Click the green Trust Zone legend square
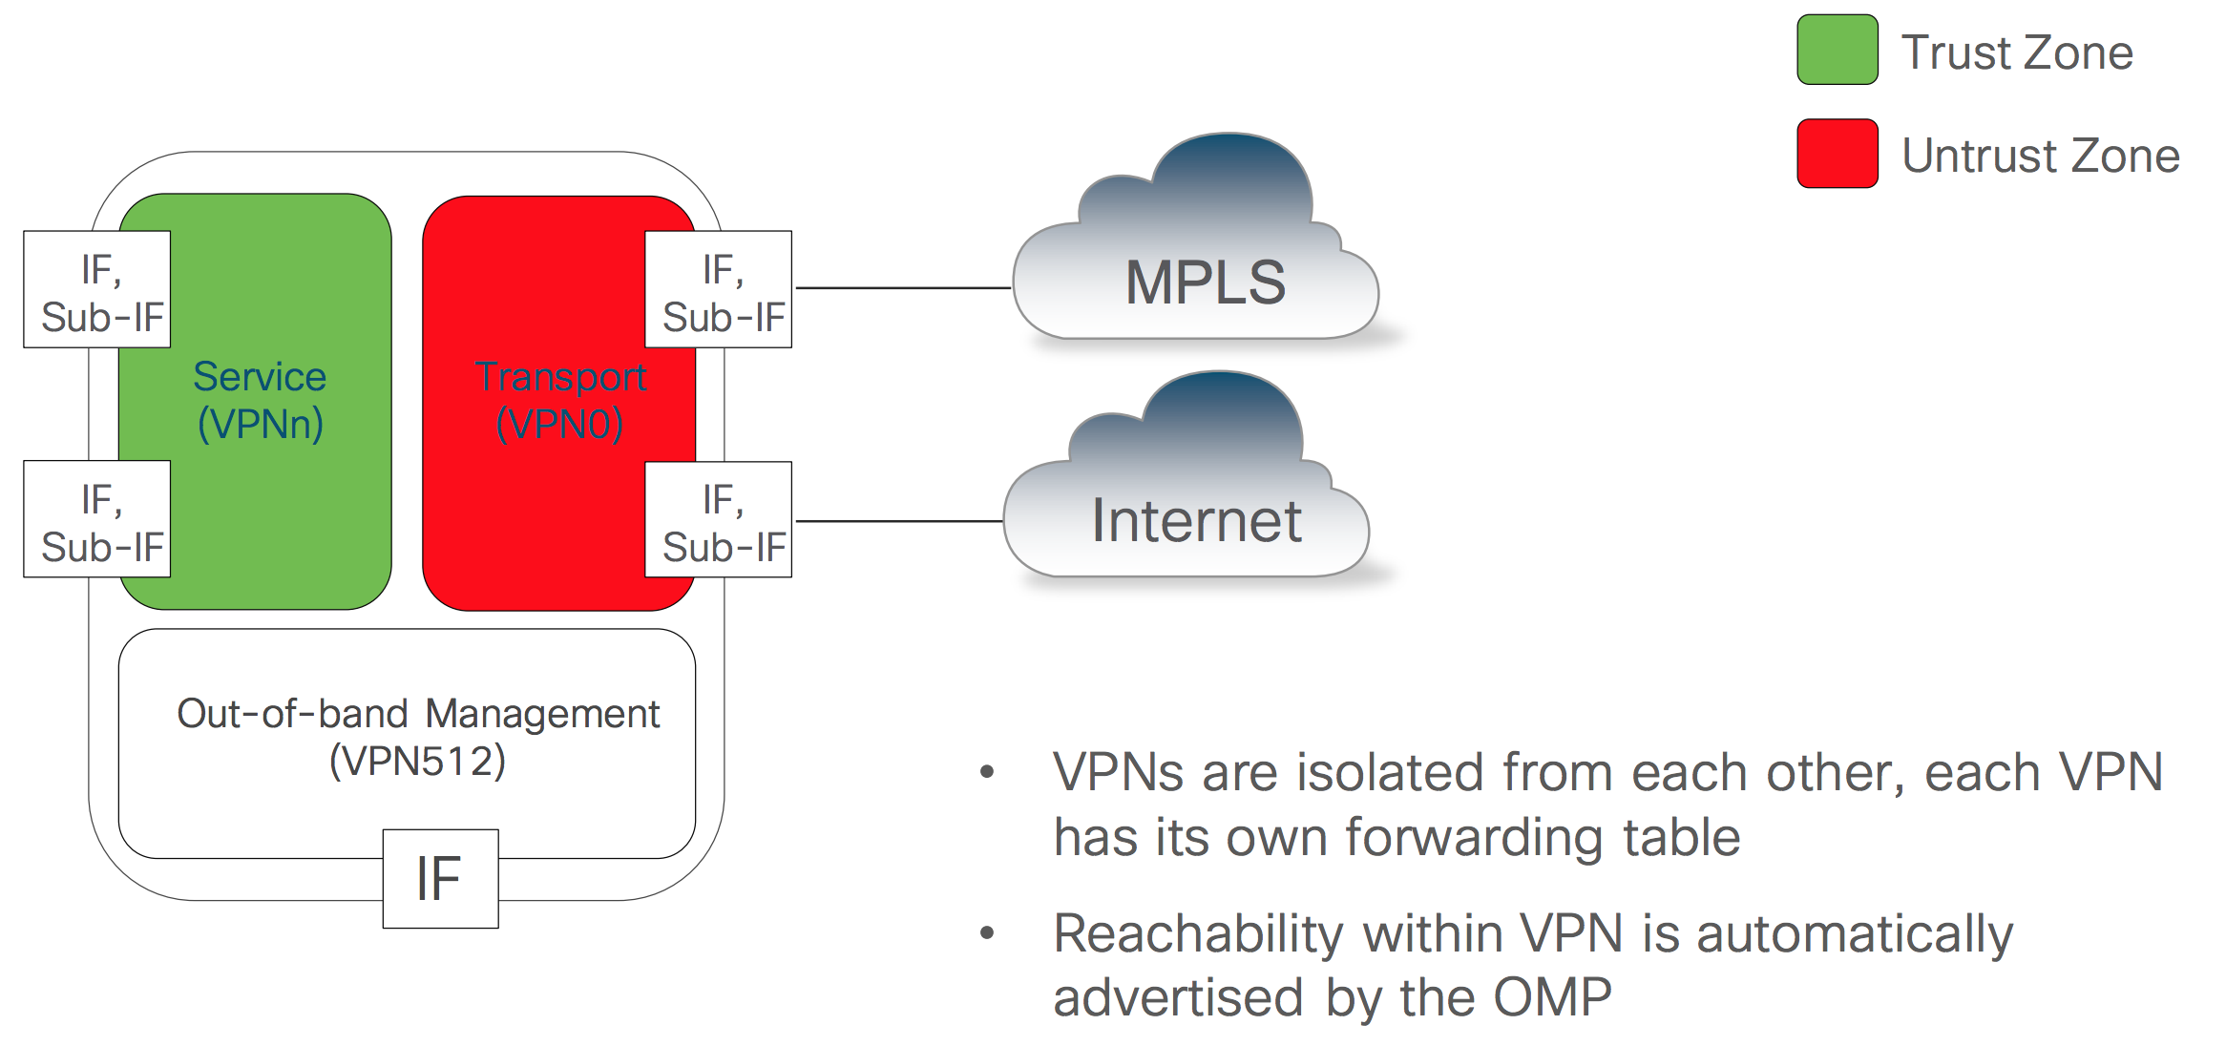click(x=1837, y=50)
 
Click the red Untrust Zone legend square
click(x=1837, y=154)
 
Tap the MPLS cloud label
click(x=1205, y=282)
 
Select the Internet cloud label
click(x=1196, y=521)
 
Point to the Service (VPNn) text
click(x=260, y=401)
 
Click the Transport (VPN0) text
click(x=560, y=401)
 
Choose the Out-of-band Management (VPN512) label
click(x=417, y=737)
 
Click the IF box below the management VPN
click(x=440, y=878)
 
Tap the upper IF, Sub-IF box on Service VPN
click(x=97, y=289)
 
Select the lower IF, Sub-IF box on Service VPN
click(x=97, y=519)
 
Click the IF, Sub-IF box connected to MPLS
click(x=719, y=289)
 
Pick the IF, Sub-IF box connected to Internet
click(x=719, y=519)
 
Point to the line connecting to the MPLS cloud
click(x=902, y=287)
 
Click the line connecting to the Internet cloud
click(x=898, y=521)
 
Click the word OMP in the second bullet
click(x=1552, y=998)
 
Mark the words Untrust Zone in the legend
click(x=2040, y=156)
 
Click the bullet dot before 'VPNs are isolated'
click(x=987, y=772)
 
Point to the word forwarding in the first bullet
click(x=1476, y=838)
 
